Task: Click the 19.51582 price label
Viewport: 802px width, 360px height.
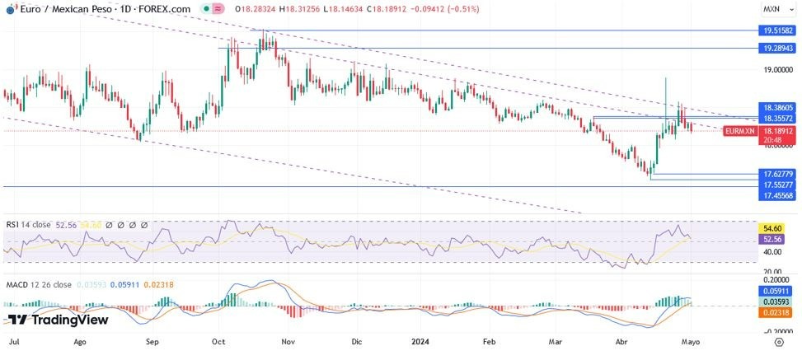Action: coord(777,30)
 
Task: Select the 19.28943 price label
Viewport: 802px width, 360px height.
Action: coord(777,48)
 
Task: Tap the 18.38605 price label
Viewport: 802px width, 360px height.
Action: coord(777,107)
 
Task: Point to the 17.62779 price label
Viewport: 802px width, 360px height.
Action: coord(777,174)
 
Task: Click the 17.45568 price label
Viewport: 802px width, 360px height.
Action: coord(777,195)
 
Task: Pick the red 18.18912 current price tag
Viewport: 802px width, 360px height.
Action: coord(777,130)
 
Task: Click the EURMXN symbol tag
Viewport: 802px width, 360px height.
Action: coord(739,131)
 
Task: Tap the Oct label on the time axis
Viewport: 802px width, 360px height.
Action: coord(218,339)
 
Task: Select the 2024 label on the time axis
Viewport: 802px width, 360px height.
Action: coord(420,339)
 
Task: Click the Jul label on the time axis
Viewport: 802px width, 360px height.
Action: coord(14,339)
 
